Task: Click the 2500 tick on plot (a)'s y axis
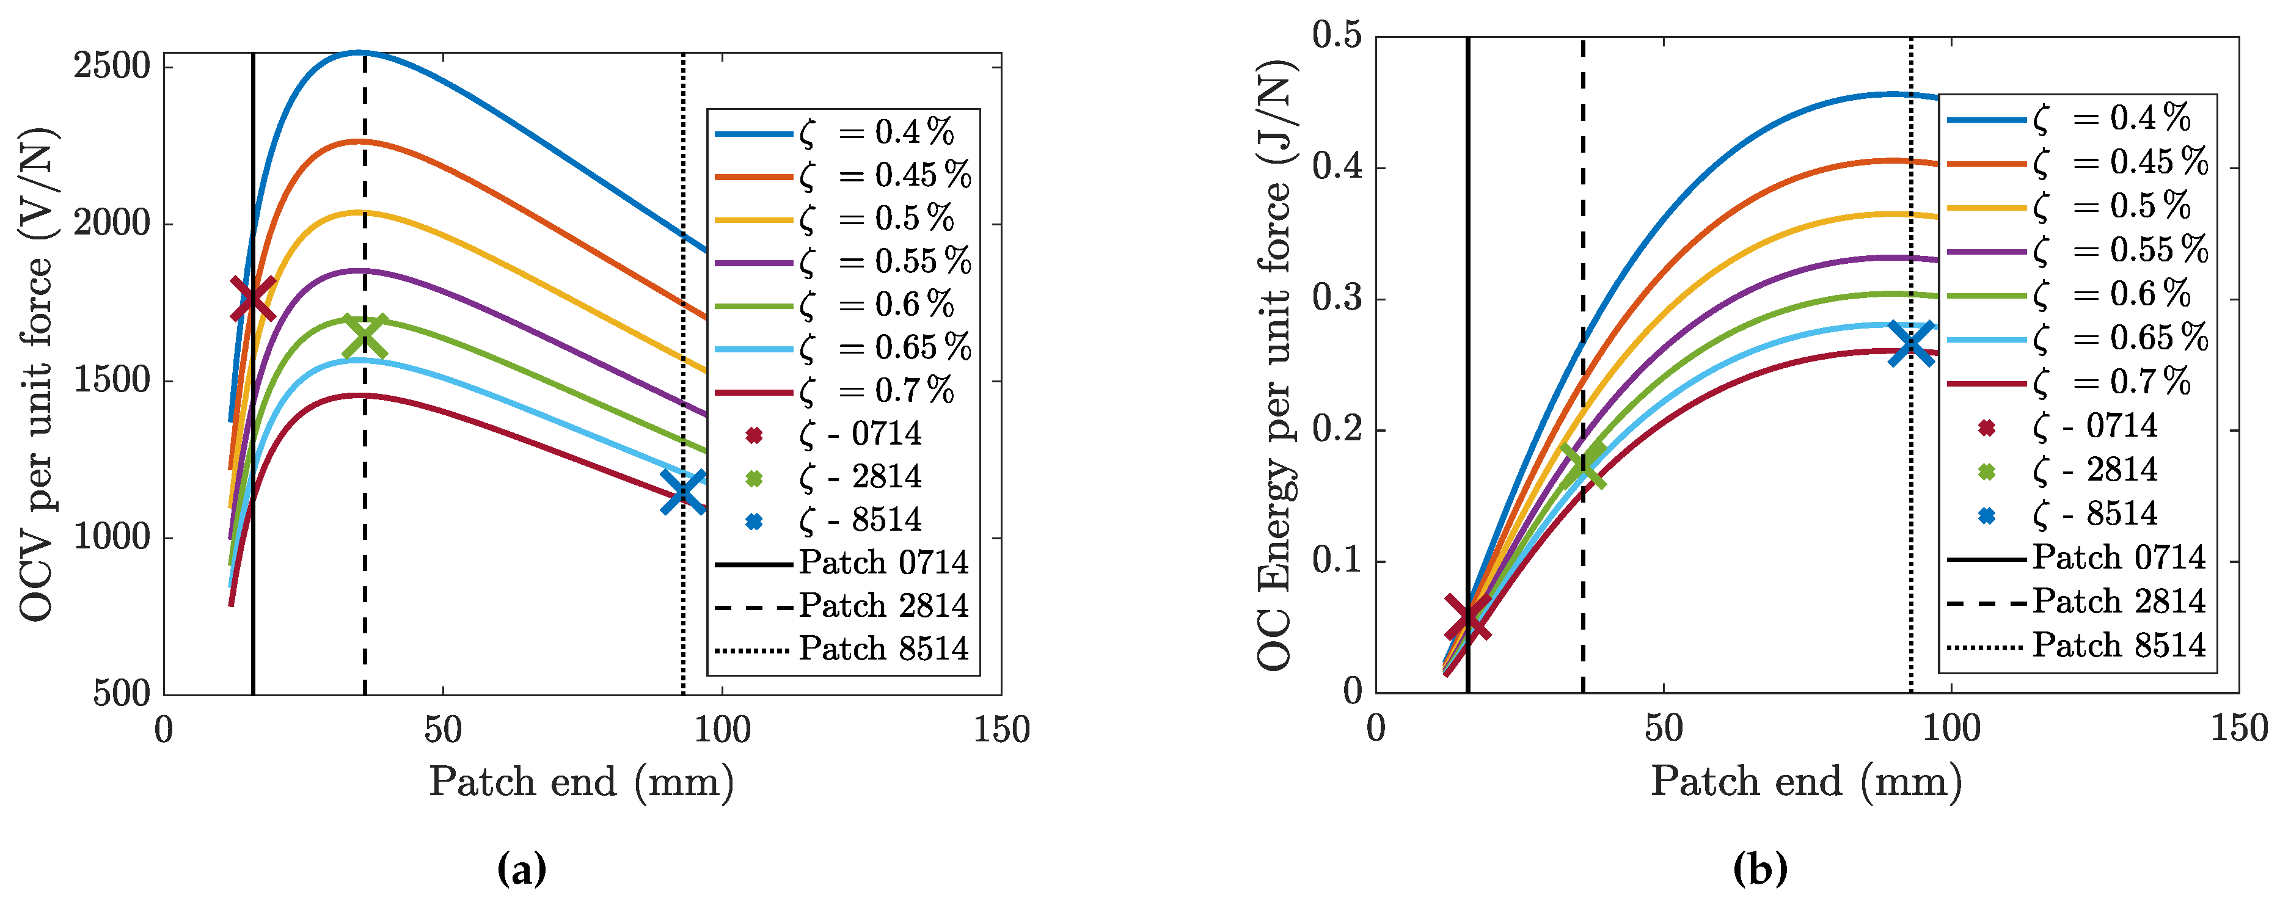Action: pos(112,67)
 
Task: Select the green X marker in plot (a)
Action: pos(364,336)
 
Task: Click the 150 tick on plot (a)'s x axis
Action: pos(1001,730)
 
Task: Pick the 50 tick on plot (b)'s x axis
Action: pos(1663,729)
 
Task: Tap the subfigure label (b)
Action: pos(1759,869)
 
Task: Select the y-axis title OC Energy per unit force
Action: pos(1274,366)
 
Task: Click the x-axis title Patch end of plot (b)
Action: pos(1805,782)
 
